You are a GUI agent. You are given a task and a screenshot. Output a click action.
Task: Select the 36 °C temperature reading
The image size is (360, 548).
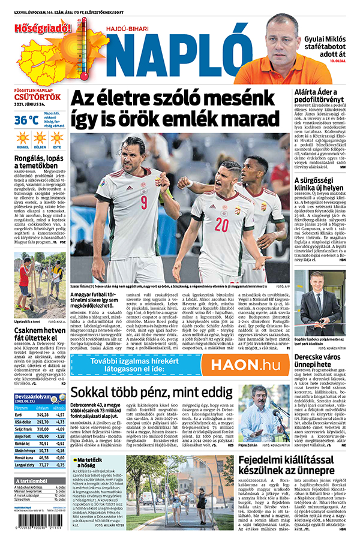28,120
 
